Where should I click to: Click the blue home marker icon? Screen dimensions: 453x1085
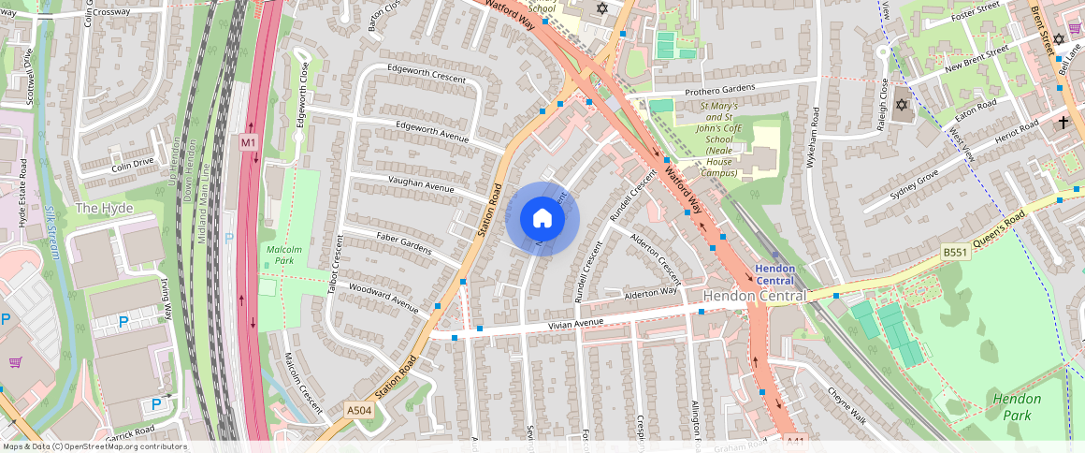point(542,219)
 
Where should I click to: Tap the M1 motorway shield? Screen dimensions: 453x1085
point(248,142)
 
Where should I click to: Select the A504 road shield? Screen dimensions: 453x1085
point(359,410)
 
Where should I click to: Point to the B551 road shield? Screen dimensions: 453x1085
point(955,252)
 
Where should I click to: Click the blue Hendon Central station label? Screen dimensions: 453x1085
point(774,274)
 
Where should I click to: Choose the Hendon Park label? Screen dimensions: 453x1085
point(1016,405)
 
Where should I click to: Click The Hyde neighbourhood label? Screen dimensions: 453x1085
point(104,207)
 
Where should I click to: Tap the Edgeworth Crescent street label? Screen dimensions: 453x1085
point(427,74)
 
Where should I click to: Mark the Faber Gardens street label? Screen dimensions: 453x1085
point(403,244)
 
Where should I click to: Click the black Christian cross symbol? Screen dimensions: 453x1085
point(1063,123)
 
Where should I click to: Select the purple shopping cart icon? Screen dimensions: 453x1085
point(15,362)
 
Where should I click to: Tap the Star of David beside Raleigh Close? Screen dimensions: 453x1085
point(902,105)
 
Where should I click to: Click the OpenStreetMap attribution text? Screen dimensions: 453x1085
point(94,446)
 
